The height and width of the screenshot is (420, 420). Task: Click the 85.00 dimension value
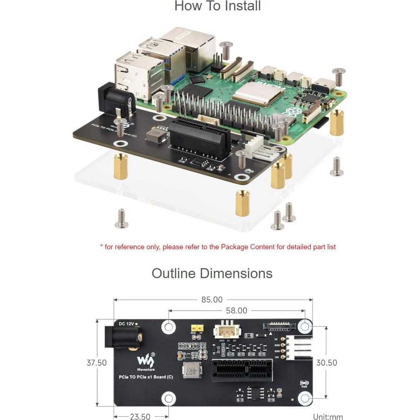(212, 299)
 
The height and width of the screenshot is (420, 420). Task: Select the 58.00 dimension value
(236, 311)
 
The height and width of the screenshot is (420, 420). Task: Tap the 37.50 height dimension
(96, 363)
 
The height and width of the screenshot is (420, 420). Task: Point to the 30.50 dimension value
(326, 363)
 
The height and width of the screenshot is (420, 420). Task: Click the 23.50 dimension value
(140, 417)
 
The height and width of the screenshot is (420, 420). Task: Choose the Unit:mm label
(328, 417)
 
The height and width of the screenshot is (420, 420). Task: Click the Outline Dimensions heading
(212, 273)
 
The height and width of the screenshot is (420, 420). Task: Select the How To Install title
(217, 6)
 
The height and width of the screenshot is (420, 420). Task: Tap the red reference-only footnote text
(218, 247)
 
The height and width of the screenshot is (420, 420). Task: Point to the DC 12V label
(127, 324)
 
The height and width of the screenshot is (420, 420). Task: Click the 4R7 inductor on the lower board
(189, 370)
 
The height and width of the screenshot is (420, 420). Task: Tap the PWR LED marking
(304, 384)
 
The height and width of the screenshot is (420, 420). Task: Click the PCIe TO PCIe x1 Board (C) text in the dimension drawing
(146, 377)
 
